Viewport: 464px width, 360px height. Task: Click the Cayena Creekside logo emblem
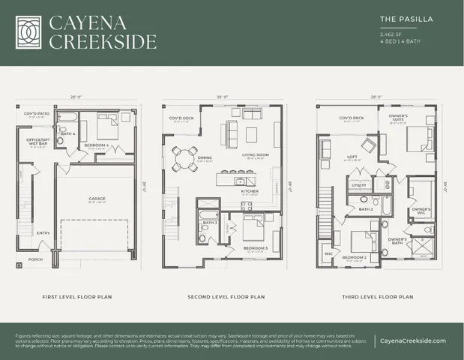pos(28,31)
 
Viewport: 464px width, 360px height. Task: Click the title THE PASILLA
pos(404,19)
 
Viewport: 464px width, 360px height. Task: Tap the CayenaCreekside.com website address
pos(413,340)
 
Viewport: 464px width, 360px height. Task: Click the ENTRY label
pos(43,232)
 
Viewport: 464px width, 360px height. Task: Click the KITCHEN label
pos(250,192)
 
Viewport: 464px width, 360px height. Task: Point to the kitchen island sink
pos(240,181)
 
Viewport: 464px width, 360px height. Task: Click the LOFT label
pos(351,157)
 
